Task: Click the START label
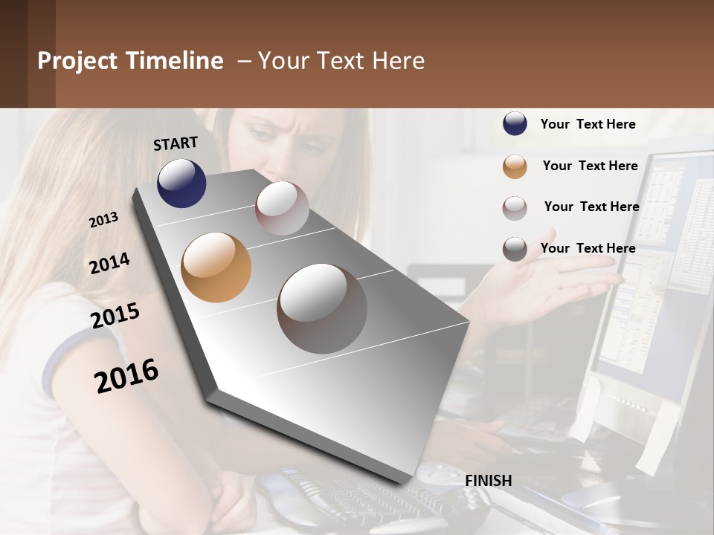click(176, 143)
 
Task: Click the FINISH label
click(489, 481)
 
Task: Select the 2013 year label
click(103, 220)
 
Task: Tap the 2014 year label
click(109, 264)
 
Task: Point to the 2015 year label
click(115, 316)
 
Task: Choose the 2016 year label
click(126, 376)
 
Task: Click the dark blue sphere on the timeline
click(181, 183)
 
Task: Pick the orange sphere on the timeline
click(216, 267)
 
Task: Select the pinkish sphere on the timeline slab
click(282, 208)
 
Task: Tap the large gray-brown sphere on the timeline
click(322, 308)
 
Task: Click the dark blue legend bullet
click(515, 124)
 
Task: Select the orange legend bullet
click(515, 166)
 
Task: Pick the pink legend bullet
click(515, 208)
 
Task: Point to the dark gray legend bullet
click(515, 249)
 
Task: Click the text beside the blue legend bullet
click(588, 124)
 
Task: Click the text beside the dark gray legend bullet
click(588, 248)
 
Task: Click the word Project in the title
click(78, 61)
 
